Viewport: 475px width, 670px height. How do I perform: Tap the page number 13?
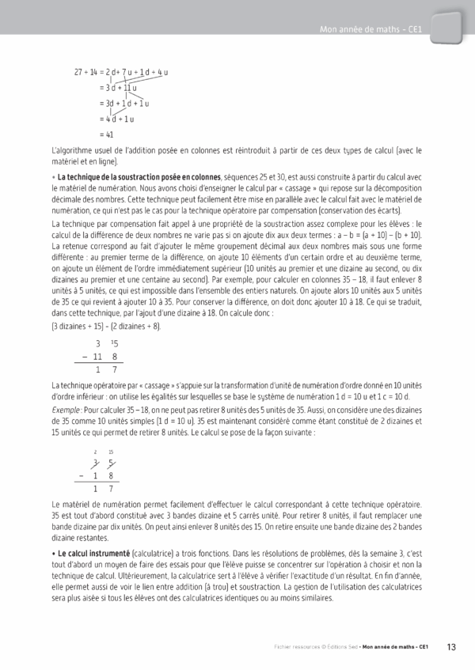click(450, 647)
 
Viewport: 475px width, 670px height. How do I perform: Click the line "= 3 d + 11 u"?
click(118, 88)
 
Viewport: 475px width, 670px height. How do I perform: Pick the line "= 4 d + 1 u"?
click(116, 119)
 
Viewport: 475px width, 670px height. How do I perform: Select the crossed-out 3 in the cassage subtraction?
click(95, 462)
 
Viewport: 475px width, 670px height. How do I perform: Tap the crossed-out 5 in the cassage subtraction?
click(111, 462)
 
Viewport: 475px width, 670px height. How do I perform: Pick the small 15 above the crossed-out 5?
click(111, 451)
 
